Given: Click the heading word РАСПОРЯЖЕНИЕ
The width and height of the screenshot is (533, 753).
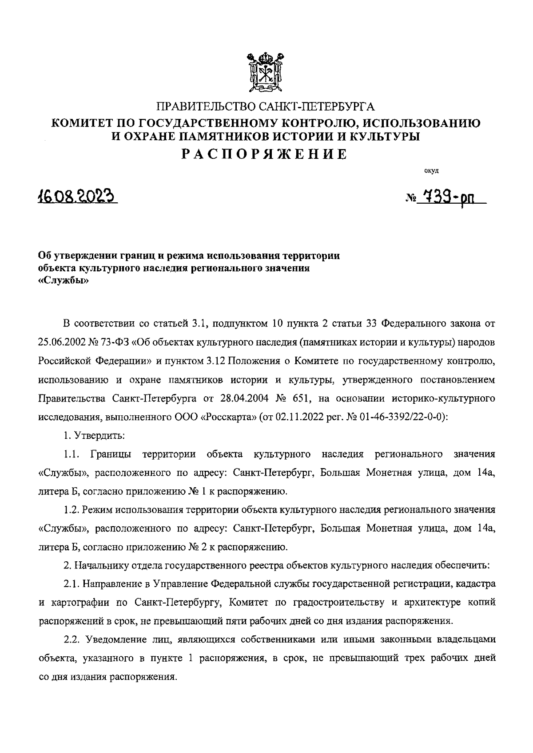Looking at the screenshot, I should tap(266, 154).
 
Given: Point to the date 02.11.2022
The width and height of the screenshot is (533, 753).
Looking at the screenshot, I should tap(299, 417).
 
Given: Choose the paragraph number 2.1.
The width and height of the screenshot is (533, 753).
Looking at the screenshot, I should tap(71, 584).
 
